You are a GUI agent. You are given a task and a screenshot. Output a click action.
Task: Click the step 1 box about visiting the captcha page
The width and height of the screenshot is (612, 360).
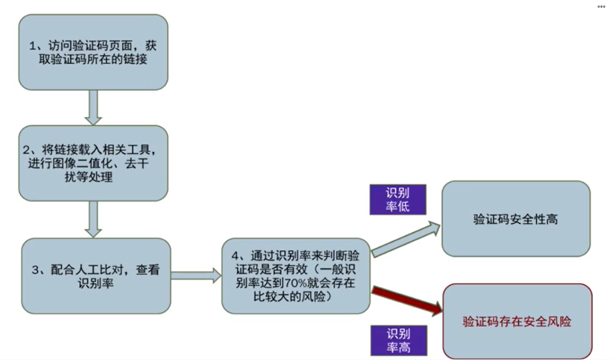(x=93, y=52)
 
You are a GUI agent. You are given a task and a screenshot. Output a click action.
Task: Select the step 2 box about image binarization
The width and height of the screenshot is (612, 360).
(x=93, y=163)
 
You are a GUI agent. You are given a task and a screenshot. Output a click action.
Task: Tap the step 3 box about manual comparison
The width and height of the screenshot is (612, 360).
(x=96, y=276)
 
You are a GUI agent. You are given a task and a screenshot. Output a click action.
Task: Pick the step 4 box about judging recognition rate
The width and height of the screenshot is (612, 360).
(x=295, y=276)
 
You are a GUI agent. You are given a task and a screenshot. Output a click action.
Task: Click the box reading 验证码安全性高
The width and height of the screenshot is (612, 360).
(x=516, y=219)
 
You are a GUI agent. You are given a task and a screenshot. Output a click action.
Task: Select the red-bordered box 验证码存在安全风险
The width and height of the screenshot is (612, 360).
(x=517, y=321)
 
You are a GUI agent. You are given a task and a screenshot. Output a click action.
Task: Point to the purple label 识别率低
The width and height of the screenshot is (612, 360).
(x=398, y=200)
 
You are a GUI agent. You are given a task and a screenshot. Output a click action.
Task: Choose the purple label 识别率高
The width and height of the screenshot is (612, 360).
(x=398, y=341)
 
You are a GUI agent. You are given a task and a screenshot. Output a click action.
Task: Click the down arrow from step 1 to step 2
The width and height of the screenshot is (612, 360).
(x=93, y=107)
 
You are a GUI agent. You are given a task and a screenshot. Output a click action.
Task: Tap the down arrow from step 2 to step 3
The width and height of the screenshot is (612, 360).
(x=93, y=219)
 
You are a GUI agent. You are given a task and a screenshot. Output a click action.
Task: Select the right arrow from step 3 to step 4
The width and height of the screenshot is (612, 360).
(x=196, y=276)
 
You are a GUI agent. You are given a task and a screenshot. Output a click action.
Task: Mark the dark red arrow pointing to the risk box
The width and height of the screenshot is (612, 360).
(x=406, y=300)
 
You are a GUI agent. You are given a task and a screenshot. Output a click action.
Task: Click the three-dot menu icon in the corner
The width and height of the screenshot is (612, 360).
(x=601, y=7)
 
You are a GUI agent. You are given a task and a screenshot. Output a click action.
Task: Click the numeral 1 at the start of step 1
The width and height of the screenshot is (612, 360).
(x=34, y=46)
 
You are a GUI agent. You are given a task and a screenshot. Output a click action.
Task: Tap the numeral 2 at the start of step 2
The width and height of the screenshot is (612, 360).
(x=27, y=149)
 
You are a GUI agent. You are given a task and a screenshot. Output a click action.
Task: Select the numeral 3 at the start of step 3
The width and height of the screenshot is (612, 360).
(x=34, y=270)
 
